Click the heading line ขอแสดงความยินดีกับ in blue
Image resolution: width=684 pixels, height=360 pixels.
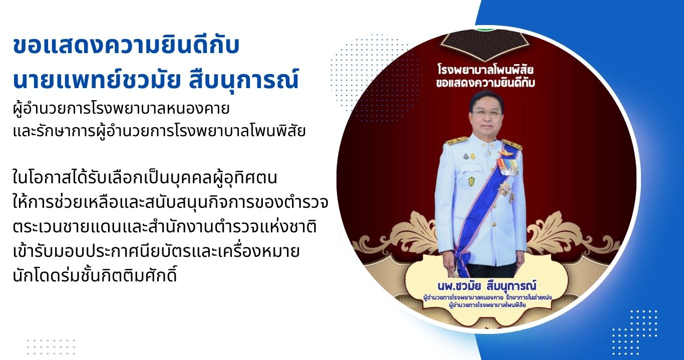126,47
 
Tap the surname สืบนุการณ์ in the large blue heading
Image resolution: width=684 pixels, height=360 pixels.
243,80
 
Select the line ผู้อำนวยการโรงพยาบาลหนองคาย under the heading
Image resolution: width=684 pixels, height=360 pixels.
121,109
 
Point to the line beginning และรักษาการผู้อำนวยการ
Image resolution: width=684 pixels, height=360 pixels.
159,131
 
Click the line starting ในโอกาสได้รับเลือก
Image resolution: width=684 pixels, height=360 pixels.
145,178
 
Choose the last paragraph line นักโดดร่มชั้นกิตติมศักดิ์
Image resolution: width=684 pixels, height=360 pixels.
95,274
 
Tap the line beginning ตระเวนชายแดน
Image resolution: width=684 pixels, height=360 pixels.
165,227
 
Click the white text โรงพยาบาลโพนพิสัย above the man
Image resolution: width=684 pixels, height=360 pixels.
486,70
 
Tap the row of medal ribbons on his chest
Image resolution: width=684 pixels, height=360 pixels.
508,167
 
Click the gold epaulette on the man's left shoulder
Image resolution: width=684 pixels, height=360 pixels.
512,144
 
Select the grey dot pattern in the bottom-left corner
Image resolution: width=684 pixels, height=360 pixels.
51,347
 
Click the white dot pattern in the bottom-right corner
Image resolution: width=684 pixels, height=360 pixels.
634,333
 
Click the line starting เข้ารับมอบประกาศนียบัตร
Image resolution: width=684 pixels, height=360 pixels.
156,251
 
